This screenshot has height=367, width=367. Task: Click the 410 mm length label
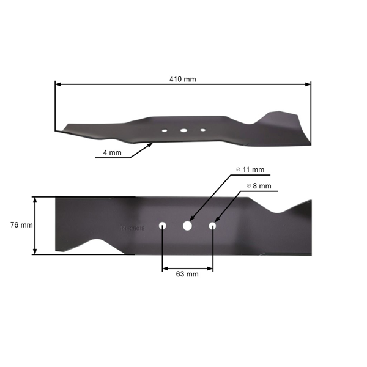182,79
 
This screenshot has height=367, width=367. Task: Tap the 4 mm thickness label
112,153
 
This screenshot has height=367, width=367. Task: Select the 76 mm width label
22,225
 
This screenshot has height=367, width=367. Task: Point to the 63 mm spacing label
187,275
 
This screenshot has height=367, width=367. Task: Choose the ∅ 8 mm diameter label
259,185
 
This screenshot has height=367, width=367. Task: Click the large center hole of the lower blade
187,226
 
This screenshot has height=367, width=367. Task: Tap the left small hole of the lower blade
163,226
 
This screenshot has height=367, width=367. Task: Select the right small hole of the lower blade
213,226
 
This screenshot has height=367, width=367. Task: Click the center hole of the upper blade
183,130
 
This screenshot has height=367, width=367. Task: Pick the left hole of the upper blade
164,130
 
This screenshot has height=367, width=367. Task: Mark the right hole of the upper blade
202,130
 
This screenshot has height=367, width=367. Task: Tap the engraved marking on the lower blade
132,228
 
